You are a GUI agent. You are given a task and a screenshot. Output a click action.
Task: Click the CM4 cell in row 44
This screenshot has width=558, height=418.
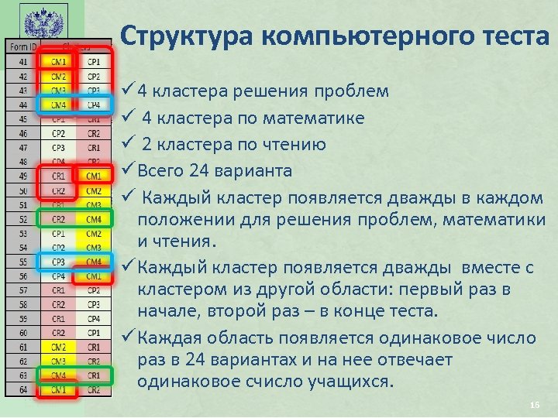pos(58,104)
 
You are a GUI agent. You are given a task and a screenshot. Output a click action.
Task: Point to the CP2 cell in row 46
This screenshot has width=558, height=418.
pos(58,133)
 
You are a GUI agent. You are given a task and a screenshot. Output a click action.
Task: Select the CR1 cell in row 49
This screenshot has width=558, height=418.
pos(58,176)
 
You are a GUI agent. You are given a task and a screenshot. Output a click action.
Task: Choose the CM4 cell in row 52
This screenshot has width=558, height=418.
pos(94,219)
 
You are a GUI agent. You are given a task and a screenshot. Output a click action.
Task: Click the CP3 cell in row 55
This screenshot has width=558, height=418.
pos(58,262)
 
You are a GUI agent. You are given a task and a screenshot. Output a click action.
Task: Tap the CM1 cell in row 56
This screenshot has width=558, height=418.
pos(94,276)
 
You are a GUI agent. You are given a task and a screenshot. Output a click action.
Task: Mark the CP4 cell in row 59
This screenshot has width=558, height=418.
pos(94,318)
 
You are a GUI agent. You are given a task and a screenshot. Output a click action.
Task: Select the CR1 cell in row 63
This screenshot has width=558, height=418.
pos(94,375)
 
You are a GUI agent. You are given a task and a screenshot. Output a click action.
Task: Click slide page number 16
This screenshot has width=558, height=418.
pos(533,406)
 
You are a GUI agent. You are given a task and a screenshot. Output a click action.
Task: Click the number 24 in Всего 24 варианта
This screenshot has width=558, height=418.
pos(208,170)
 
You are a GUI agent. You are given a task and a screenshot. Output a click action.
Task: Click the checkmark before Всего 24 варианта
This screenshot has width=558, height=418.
pos(129,170)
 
